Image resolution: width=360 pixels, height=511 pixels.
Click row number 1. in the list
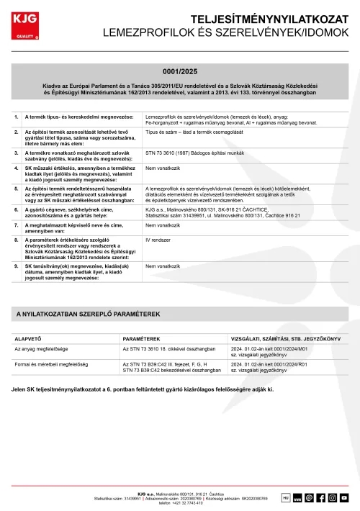click(x=17, y=117)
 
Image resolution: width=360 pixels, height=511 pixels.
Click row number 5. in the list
click(x=17, y=189)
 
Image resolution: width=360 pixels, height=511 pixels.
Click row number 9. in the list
click(x=17, y=266)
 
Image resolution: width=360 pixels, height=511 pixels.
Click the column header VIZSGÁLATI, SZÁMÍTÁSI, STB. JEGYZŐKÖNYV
click(x=285, y=338)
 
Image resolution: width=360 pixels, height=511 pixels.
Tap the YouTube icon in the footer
click(x=345, y=497)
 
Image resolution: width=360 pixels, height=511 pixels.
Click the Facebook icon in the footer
click(x=321, y=497)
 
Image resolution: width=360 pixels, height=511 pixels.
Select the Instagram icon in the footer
click(x=333, y=497)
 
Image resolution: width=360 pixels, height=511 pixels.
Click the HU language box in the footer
click(x=285, y=497)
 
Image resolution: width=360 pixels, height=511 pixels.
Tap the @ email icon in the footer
click(x=309, y=497)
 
